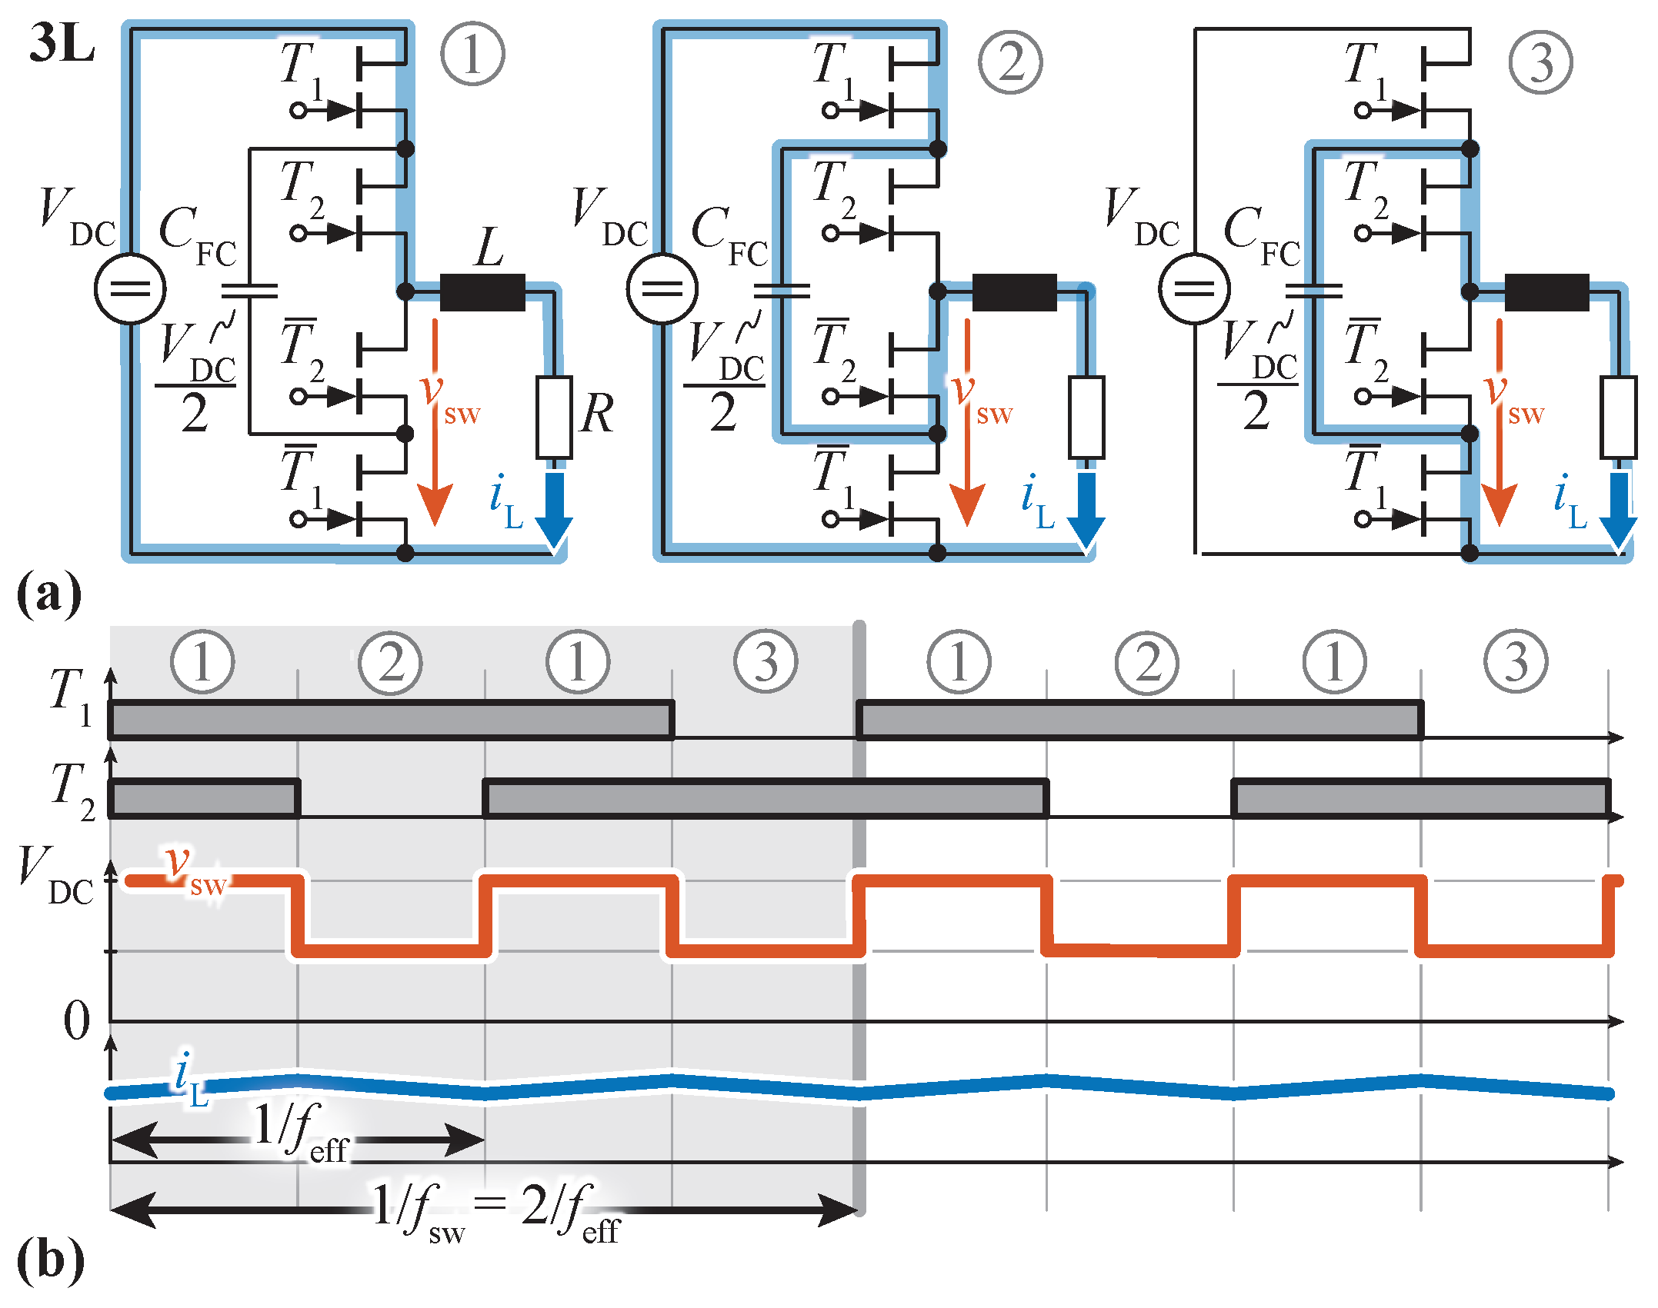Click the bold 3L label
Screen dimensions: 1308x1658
pos(62,44)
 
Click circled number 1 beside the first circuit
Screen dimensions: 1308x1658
pos(472,54)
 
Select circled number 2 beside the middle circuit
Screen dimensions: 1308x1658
pos(1010,62)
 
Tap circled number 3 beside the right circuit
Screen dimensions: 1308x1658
pos(1540,62)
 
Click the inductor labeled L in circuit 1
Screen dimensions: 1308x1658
pos(482,292)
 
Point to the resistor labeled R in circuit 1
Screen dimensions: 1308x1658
pos(554,417)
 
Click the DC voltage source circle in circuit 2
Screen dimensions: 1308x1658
pos(662,289)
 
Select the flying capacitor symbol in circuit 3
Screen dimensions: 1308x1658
pos(1313,291)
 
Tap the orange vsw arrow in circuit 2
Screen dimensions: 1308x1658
pos(967,423)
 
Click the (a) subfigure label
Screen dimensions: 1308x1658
pos(48,594)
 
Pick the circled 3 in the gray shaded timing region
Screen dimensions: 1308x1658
pos(766,661)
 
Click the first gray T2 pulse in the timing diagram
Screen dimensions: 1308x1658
pos(204,798)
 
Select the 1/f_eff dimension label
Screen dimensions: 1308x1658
pos(300,1131)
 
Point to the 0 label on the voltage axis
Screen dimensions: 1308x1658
pos(76,1021)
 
